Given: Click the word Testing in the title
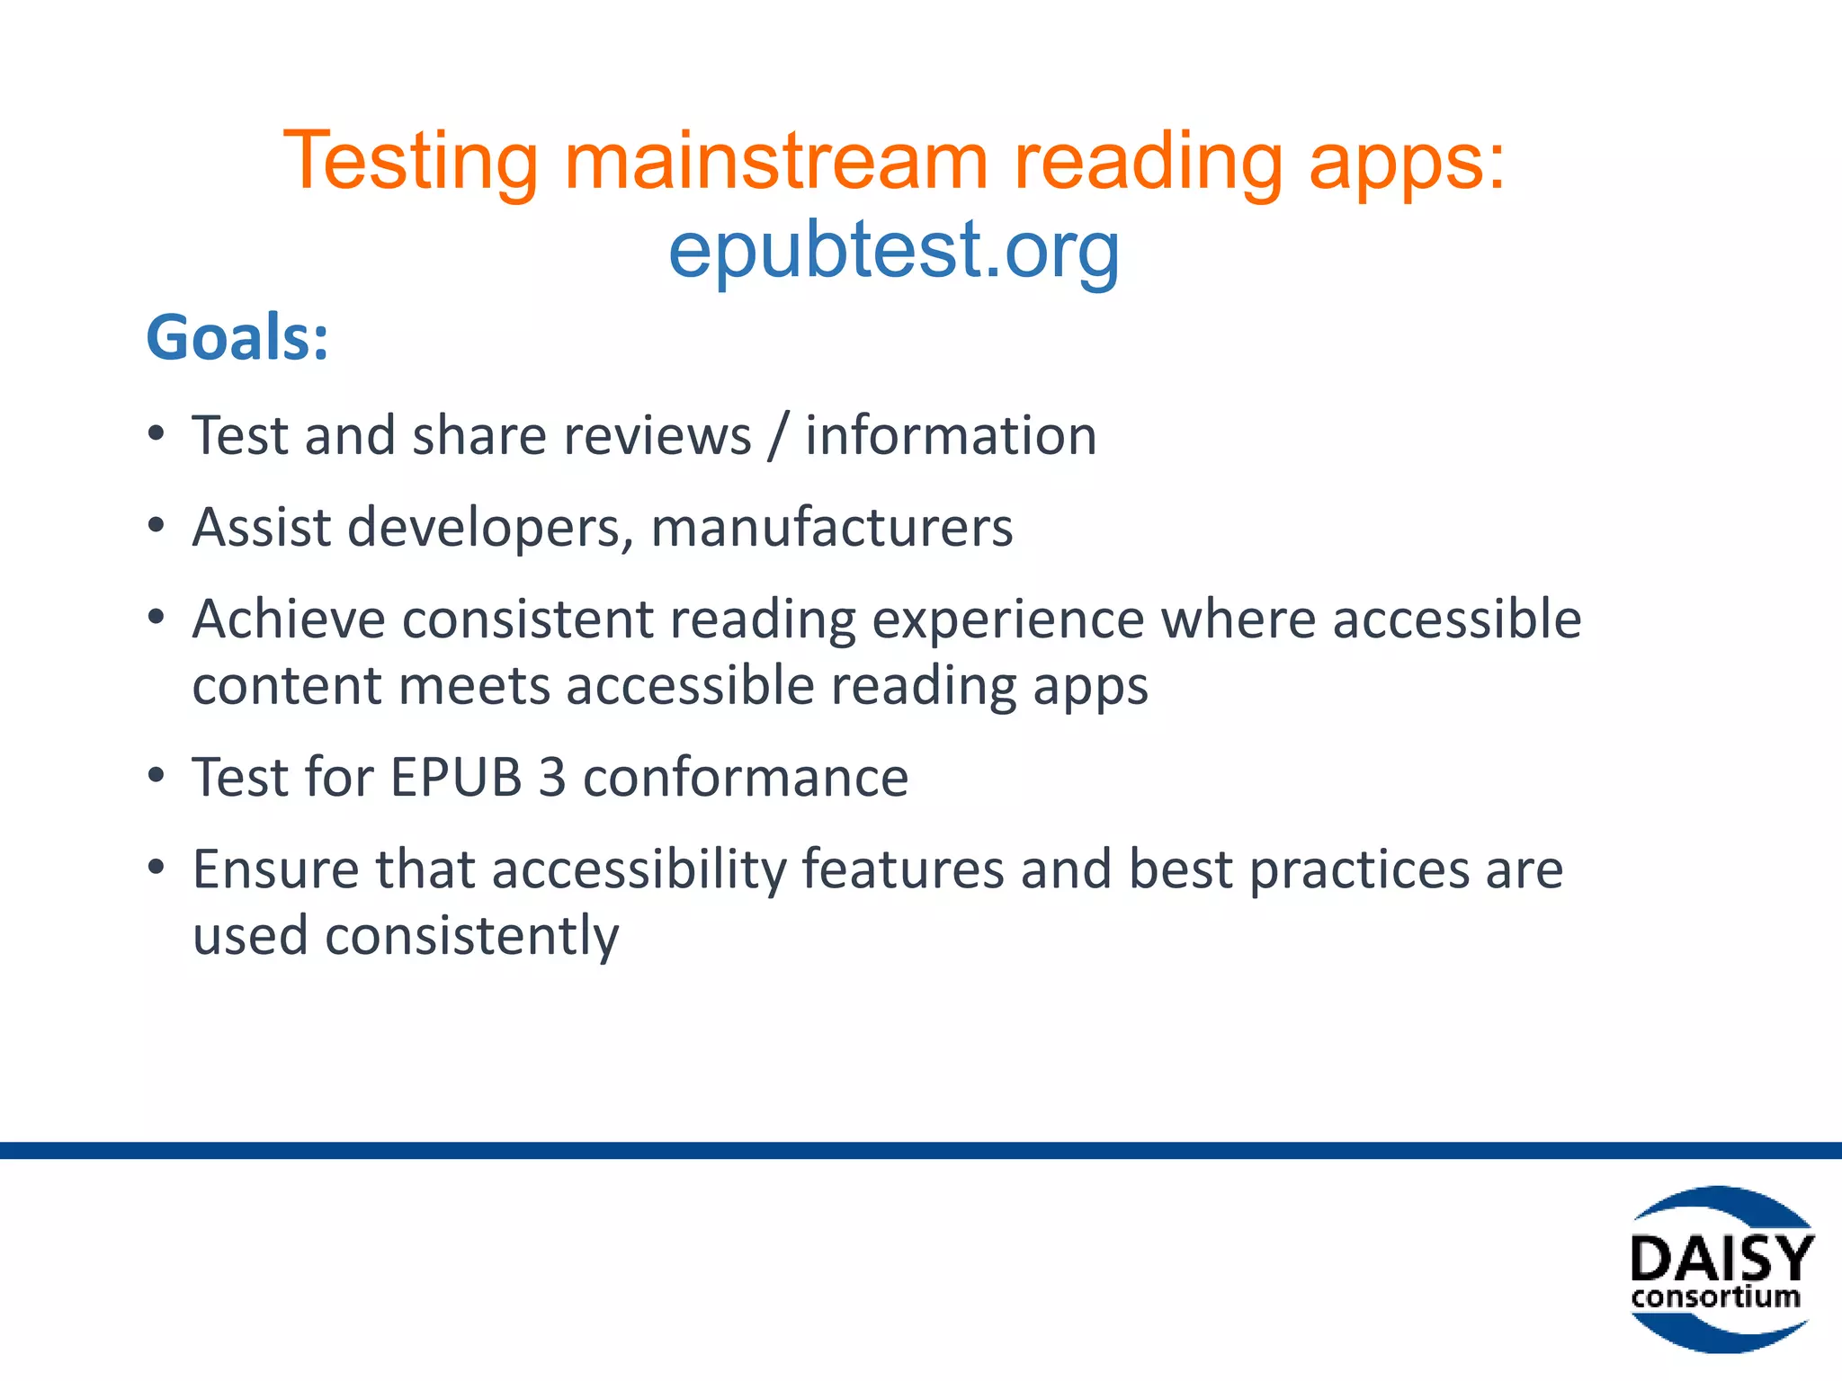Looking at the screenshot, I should [x=410, y=162].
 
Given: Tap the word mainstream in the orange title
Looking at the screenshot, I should [x=775, y=162].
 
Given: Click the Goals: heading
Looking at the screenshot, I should [x=237, y=338].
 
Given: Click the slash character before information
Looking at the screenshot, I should [x=778, y=436].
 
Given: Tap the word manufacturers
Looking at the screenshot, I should [x=832, y=528].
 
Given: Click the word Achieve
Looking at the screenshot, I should [x=288, y=619].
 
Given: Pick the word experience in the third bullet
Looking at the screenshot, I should [x=1007, y=619].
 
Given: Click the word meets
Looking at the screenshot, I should [x=474, y=686].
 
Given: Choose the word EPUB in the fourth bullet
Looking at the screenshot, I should [x=456, y=778].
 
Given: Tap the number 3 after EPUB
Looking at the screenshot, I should [x=552, y=778].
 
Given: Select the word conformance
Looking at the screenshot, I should [x=746, y=778].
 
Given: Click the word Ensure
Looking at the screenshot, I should [x=275, y=869].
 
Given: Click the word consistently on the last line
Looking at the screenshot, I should [x=471, y=936].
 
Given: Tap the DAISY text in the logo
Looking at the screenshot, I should [x=1721, y=1259].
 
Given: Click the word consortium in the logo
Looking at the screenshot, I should [x=1715, y=1297].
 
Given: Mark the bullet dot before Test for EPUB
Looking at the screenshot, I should [x=156, y=776].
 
